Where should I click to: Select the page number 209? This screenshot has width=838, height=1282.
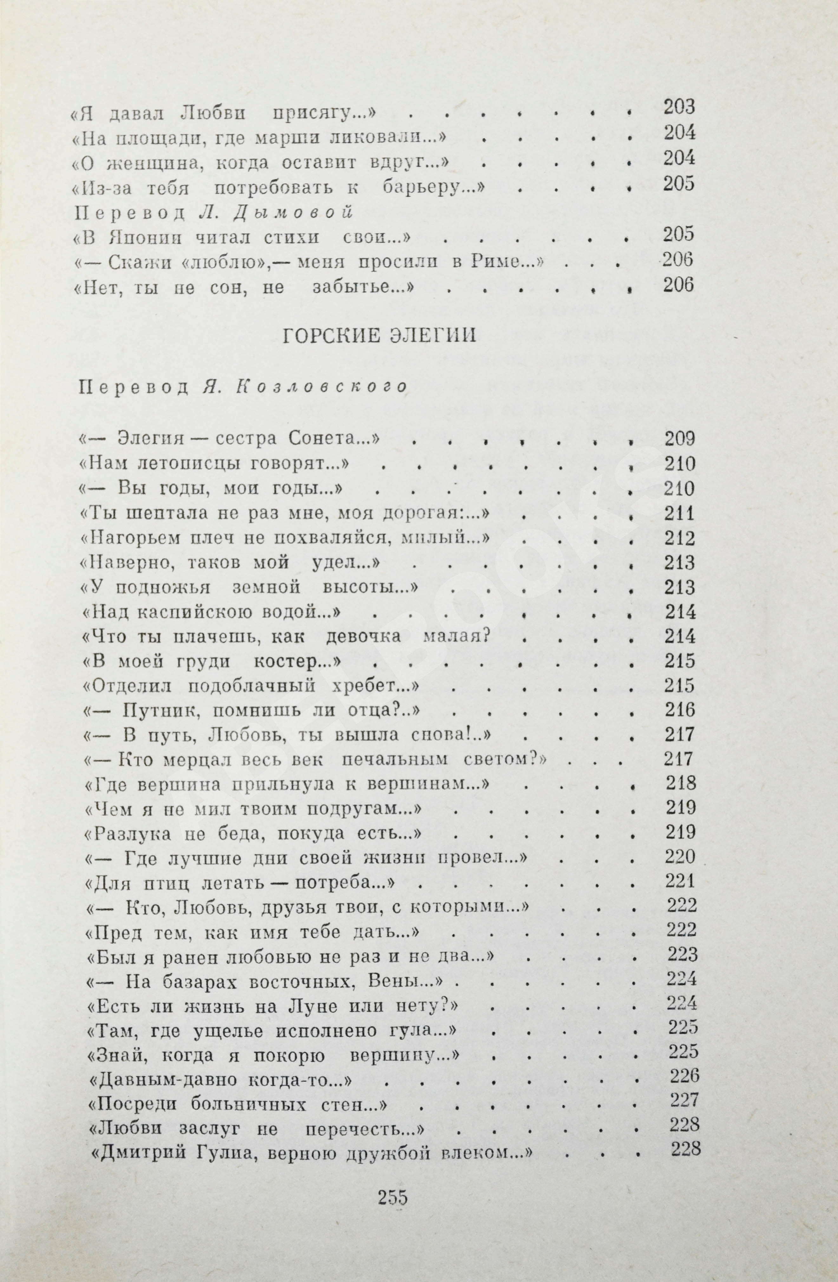pyautogui.click(x=680, y=439)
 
